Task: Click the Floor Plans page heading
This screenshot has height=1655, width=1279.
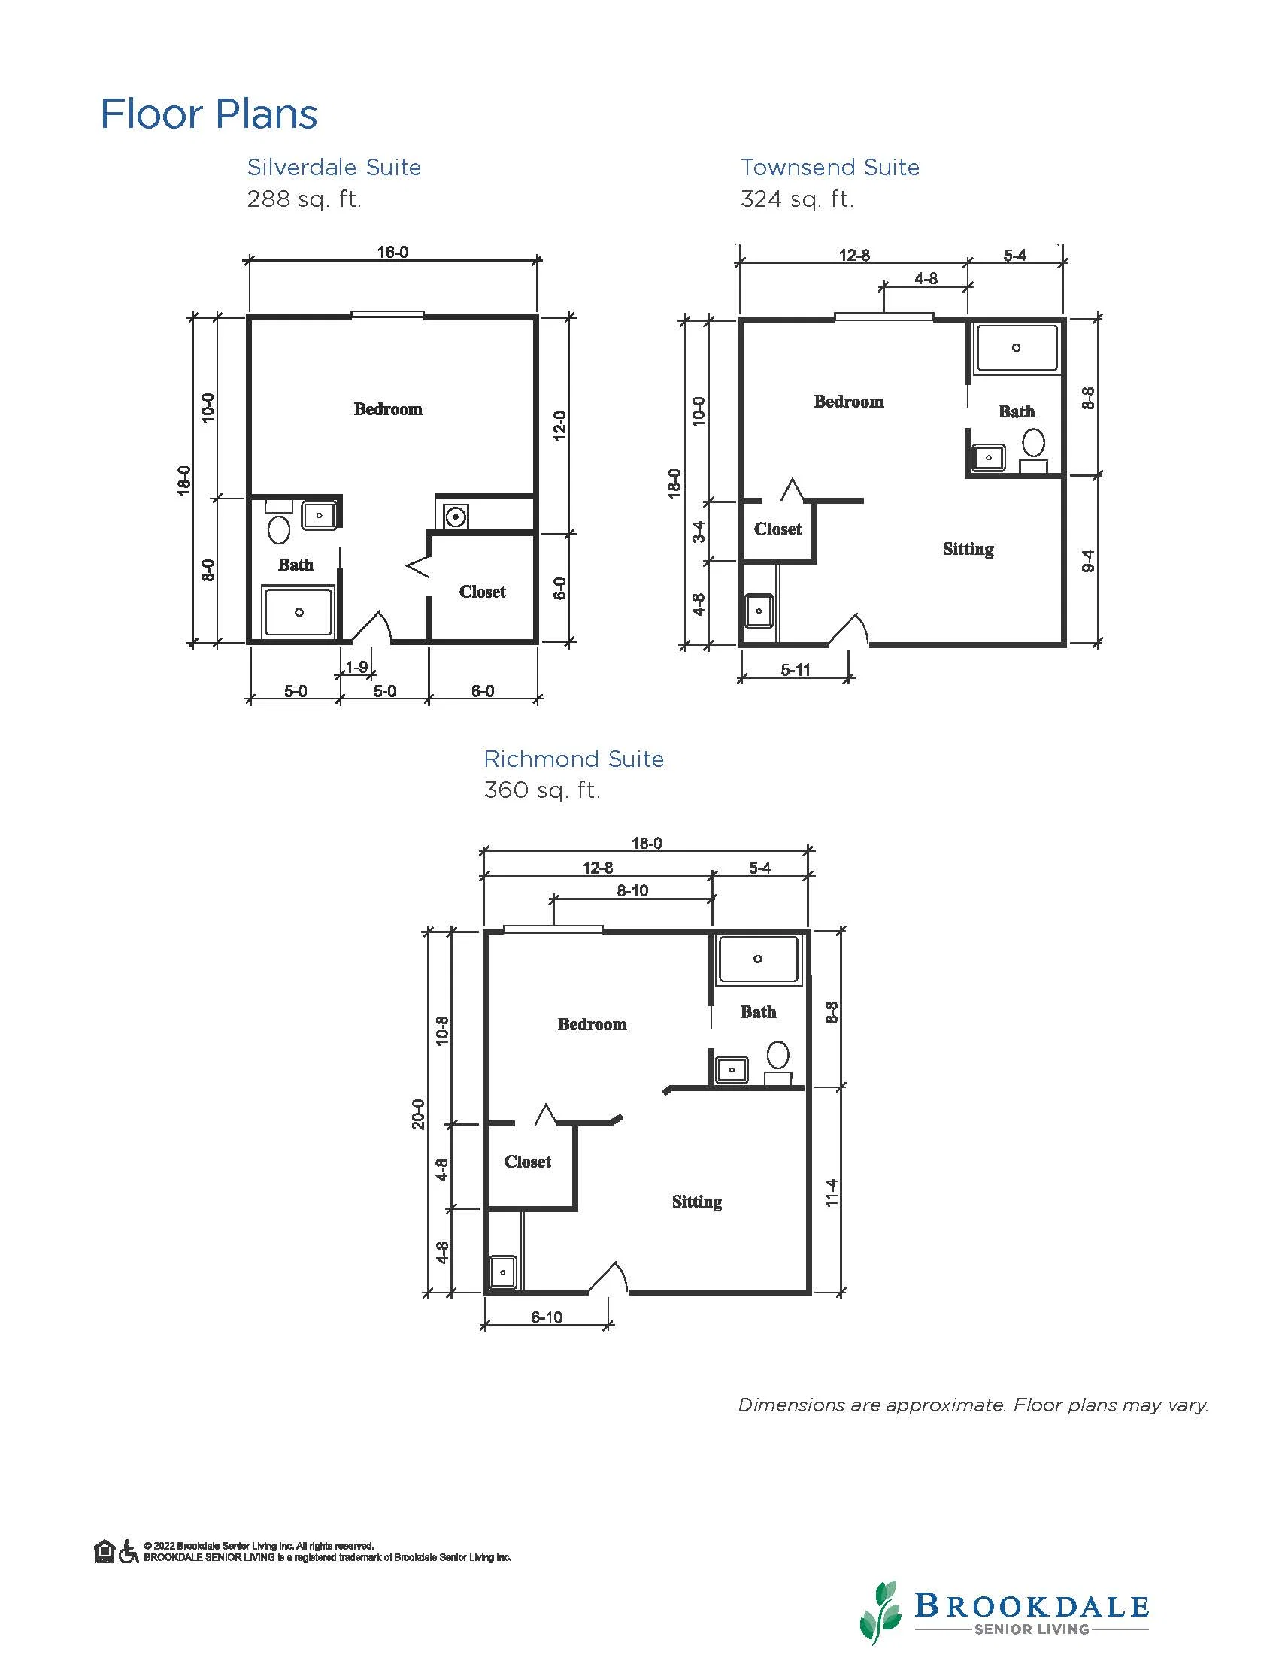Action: pos(208,114)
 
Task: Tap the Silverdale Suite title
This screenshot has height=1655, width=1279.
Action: pos(334,167)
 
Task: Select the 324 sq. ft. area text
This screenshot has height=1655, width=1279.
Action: pos(797,199)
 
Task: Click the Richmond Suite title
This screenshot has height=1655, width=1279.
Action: pos(574,759)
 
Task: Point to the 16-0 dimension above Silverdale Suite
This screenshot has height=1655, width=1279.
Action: pos(392,253)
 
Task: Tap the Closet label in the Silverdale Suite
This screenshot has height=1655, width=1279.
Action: pos(482,592)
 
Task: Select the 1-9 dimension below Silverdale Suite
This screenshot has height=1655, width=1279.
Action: pos(357,668)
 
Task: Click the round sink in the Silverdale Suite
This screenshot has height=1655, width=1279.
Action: pos(455,517)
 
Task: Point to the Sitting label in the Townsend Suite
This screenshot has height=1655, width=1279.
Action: pos(968,550)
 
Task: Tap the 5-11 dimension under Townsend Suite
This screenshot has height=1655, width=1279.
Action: pos(796,670)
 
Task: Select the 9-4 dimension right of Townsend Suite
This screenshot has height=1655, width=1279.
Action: pos(1088,561)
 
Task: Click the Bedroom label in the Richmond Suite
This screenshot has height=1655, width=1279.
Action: pos(592,1025)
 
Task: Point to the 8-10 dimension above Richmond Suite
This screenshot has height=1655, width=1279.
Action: pos(632,891)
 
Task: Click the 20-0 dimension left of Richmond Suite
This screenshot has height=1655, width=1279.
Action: pos(418,1114)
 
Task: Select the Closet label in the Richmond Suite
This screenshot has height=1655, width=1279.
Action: pos(527,1162)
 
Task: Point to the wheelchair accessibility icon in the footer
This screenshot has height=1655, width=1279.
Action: pos(129,1551)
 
